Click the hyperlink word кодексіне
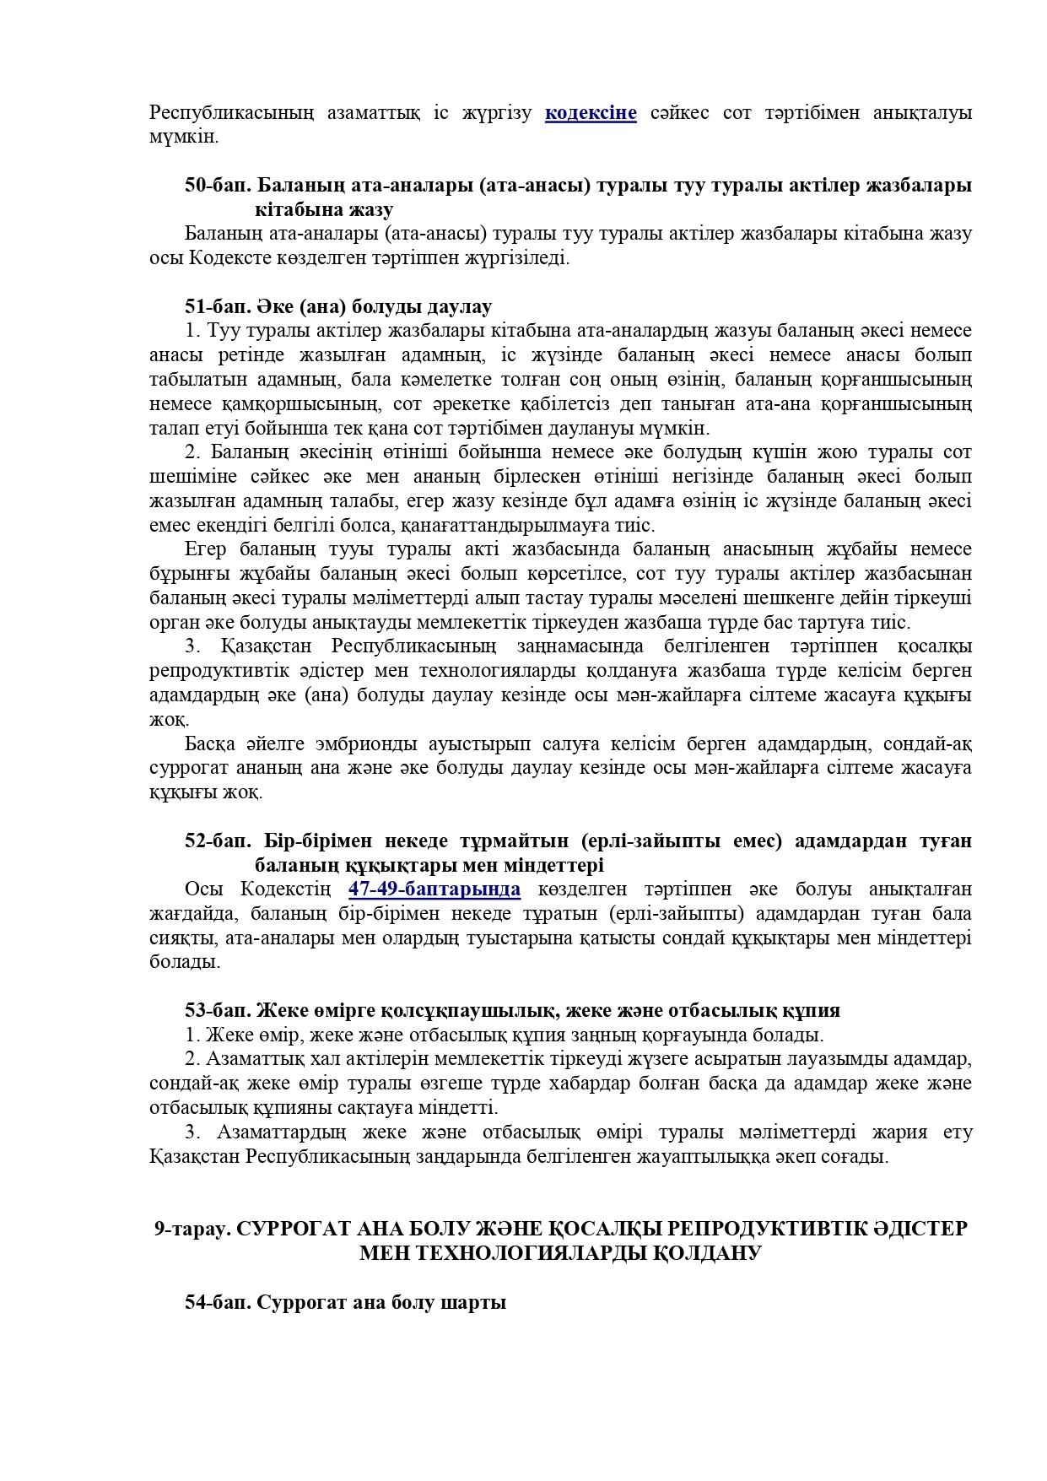pyautogui.click(x=591, y=112)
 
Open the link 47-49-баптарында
pyautogui.click(x=434, y=889)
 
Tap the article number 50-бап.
pyautogui.click(x=218, y=185)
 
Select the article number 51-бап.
pyautogui.click(x=218, y=306)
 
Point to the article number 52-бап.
pyautogui.click(x=218, y=840)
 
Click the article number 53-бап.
pyautogui.click(x=218, y=1010)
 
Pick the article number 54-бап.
pyautogui.click(x=218, y=1302)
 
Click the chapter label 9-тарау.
pyautogui.click(x=192, y=1229)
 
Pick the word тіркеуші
pyautogui.click(x=936, y=598)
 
